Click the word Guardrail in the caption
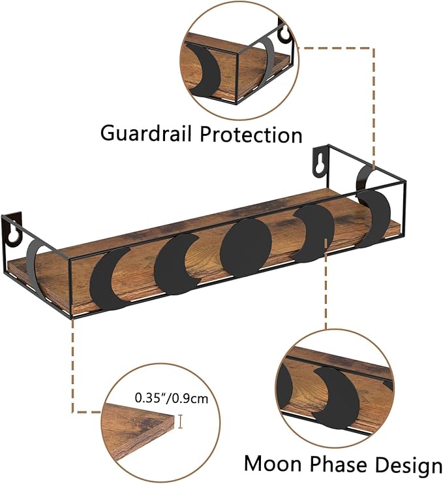[x=146, y=133]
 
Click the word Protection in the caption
[x=251, y=135]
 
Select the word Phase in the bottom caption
[x=339, y=464]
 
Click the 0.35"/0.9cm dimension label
[x=172, y=398]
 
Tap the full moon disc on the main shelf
[x=246, y=248]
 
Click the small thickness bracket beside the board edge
[x=180, y=422]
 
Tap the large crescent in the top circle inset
[x=202, y=69]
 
